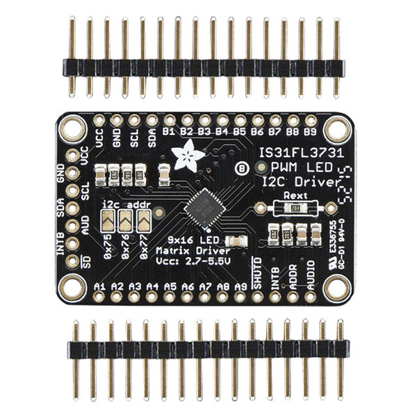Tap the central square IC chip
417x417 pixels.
203,206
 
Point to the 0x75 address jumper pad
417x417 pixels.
108,222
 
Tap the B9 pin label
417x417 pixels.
311,130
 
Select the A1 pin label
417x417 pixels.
99,286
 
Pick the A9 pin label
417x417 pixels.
240,286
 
